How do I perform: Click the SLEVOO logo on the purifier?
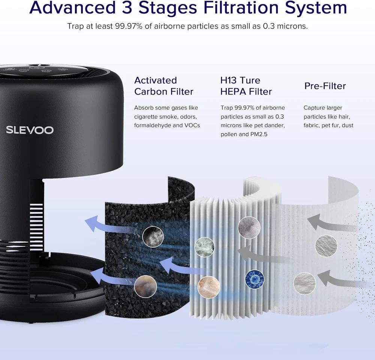click(x=30, y=130)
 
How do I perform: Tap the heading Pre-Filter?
click(x=325, y=86)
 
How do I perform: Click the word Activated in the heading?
click(x=156, y=80)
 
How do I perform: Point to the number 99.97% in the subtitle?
click(x=129, y=26)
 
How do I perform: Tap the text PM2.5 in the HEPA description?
click(x=259, y=134)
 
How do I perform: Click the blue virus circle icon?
click(x=255, y=279)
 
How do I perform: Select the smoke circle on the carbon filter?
click(x=153, y=237)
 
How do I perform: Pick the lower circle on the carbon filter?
click(x=145, y=286)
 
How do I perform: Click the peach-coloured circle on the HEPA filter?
click(x=209, y=287)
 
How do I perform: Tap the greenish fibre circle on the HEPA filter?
click(x=204, y=247)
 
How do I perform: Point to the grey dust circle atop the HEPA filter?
click(x=249, y=227)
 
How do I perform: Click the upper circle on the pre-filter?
click(x=326, y=246)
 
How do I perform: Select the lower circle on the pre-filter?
click(x=304, y=283)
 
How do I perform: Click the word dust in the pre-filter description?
click(x=348, y=125)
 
